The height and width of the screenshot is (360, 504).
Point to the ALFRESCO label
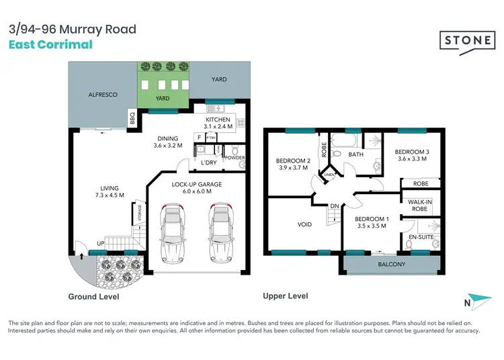click(103, 95)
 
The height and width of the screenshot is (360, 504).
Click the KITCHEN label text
click(218, 118)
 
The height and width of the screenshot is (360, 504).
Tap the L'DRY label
click(209, 163)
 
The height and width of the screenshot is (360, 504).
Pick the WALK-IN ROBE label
click(419, 205)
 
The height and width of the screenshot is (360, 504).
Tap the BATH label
click(355, 154)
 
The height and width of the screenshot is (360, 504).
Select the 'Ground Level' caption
click(98, 296)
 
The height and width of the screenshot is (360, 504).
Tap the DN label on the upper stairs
click(334, 206)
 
